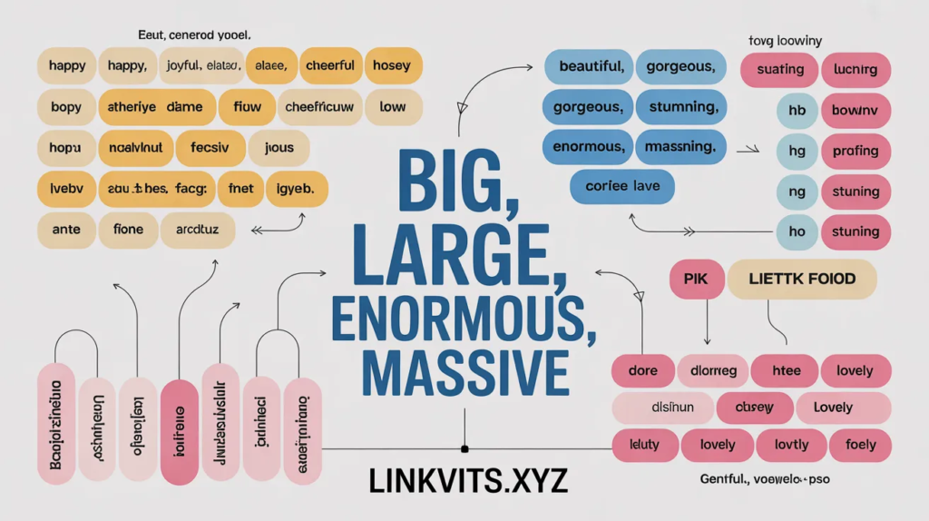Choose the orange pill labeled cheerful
click(329, 66)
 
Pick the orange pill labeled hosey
click(392, 66)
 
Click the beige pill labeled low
click(392, 107)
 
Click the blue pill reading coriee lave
click(622, 186)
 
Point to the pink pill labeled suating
click(779, 70)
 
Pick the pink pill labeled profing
click(855, 151)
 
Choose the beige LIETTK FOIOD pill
click(801, 280)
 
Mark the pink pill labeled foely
click(859, 445)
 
